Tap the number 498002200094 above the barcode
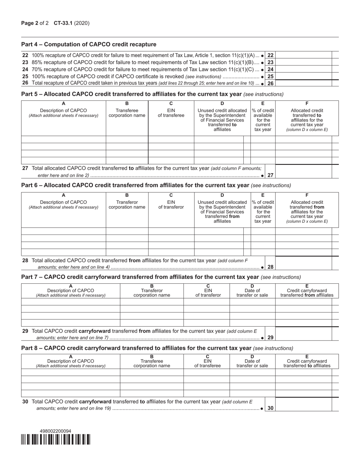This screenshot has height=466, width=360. (x=55, y=431)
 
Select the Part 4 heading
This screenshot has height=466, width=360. (x=89, y=44)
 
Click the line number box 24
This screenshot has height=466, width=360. (x=270, y=69)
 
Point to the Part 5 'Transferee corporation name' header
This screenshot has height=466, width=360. (x=127, y=113)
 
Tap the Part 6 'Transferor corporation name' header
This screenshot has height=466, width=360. (x=127, y=205)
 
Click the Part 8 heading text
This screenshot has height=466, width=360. (x=136, y=348)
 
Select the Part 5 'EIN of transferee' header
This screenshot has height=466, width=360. (x=171, y=113)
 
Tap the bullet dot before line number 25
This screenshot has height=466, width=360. (x=263, y=77)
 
